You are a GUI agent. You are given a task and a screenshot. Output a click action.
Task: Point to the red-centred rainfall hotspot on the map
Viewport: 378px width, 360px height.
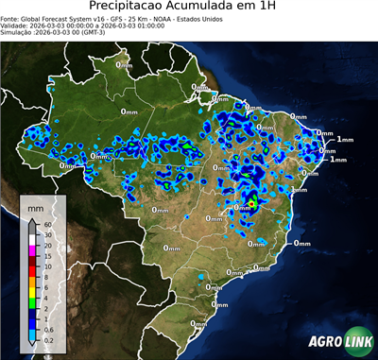[x=252, y=201]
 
